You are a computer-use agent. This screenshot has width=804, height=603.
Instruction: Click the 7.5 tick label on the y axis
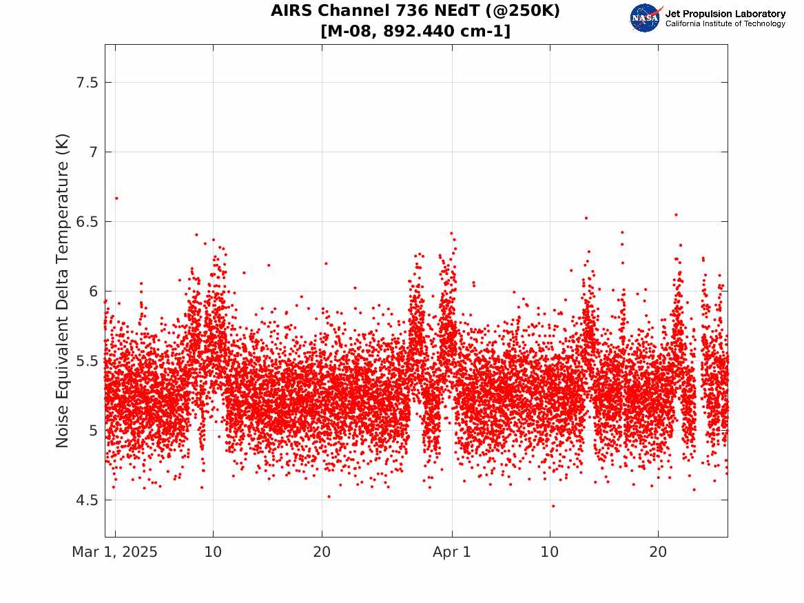[x=87, y=83]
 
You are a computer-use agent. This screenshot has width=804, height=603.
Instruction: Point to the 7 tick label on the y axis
[x=93, y=152]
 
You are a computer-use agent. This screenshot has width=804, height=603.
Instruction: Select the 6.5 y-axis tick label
[x=87, y=222]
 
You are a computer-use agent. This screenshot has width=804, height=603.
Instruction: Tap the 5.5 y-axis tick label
[x=87, y=361]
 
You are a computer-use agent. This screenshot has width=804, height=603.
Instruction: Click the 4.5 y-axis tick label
[x=87, y=500]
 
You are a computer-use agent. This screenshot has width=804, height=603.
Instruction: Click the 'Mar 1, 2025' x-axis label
[x=115, y=552]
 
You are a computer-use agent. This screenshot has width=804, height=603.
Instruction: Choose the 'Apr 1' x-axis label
[x=452, y=552]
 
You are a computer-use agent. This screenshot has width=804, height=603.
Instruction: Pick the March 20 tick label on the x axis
[x=322, y=552]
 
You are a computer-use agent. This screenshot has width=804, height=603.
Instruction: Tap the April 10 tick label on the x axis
[x=550, y=552]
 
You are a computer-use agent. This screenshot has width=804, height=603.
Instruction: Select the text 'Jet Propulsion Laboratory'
[x=725, y=14]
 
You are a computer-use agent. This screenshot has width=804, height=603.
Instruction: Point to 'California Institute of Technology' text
[x=725, y=23]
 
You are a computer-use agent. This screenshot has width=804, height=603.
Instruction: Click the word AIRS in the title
[x=291, y=10]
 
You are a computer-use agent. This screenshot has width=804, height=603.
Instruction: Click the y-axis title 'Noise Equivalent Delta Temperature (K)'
[x=62, y=291]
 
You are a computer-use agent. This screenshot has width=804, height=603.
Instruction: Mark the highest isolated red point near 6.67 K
[x=116, y=198]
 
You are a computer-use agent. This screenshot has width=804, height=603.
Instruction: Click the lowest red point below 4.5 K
[x=553, y=506]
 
